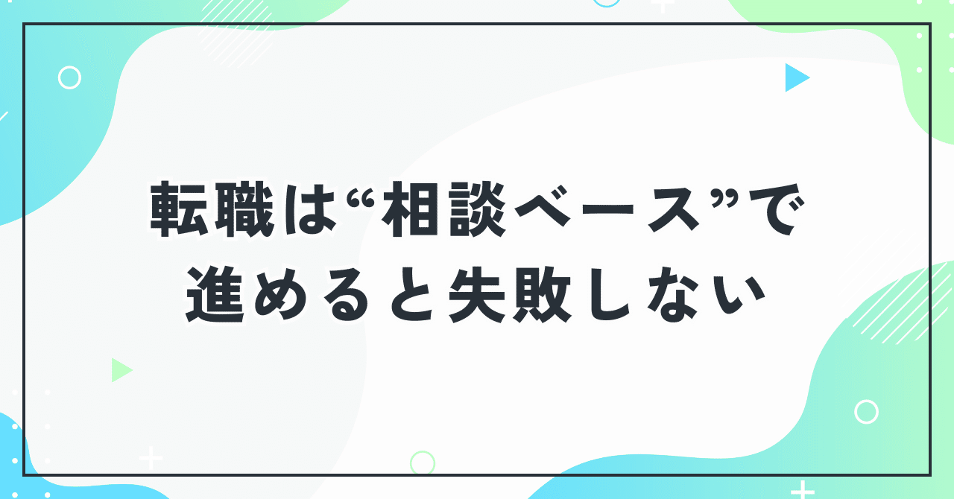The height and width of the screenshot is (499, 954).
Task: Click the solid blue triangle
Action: coord(795,77)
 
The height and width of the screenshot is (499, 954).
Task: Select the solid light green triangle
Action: coord(120,369)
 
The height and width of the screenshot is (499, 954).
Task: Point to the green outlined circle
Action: coord(423,463)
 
